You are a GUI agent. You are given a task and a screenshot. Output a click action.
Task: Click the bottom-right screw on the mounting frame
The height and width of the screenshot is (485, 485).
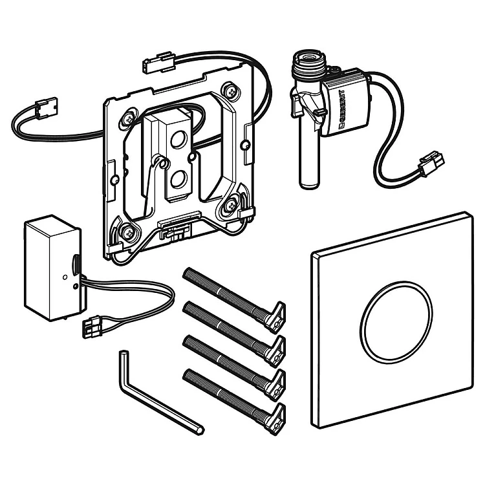[230, 205]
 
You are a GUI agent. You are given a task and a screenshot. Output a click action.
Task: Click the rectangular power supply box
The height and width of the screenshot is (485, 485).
[52, 268]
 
